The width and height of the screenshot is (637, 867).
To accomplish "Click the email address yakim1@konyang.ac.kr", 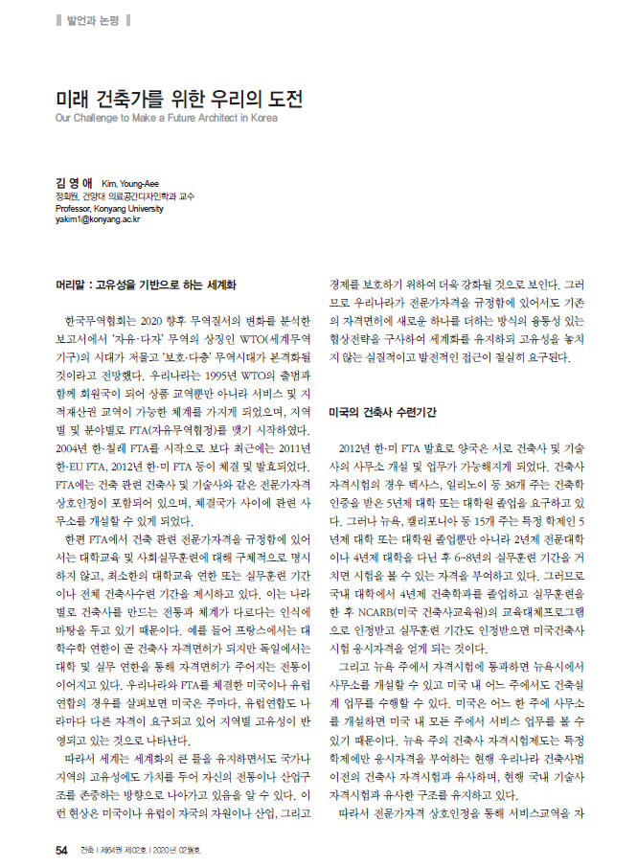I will [x=100, y=219].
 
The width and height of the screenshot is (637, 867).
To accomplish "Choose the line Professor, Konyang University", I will [x=109, y=207].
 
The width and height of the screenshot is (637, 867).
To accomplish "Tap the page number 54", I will [x=60, y=849].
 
